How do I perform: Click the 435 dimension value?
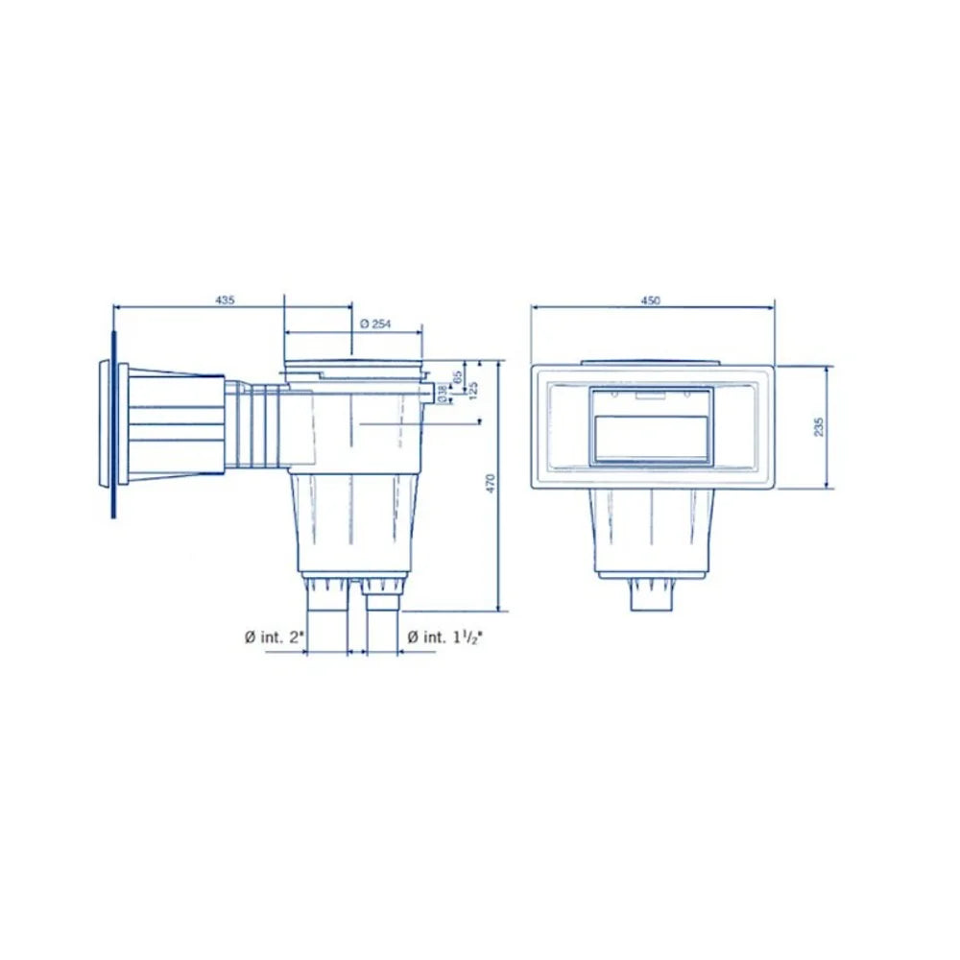225,300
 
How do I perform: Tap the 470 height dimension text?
490,484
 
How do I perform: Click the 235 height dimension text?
818,426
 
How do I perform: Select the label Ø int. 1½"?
444,636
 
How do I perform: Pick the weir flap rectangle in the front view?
653,439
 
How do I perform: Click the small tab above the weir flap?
653,392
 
